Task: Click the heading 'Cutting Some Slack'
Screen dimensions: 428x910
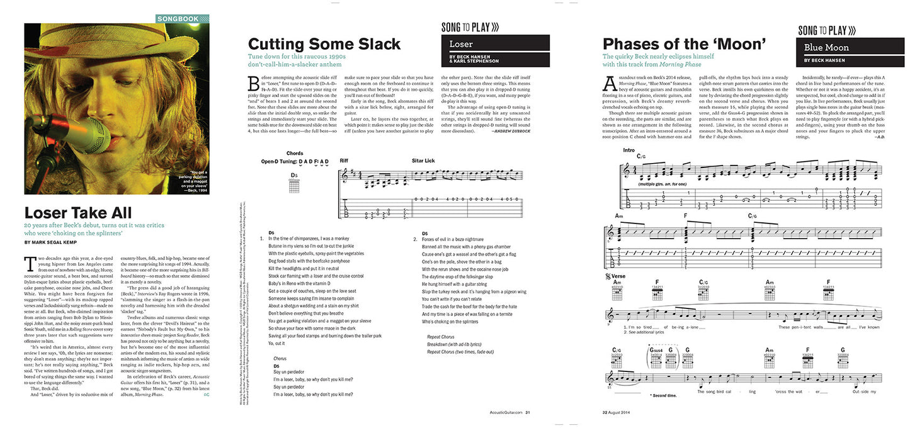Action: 324,44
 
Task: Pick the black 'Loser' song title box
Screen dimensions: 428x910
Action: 495,43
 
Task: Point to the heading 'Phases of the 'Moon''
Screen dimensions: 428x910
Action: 684,44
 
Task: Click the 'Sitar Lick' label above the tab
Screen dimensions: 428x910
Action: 423,160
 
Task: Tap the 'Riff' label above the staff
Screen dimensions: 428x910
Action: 344,160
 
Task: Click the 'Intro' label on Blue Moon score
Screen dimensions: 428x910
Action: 629,150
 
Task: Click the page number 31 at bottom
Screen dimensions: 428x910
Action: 528,413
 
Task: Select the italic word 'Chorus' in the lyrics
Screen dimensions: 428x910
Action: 280,358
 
